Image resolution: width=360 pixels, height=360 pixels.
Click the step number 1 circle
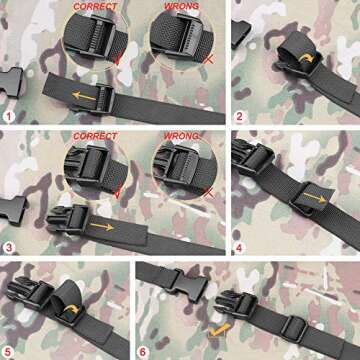pos(9,115)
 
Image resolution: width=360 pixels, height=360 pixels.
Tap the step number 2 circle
pos(239,115)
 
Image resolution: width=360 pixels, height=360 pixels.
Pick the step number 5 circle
pos(9,349)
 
